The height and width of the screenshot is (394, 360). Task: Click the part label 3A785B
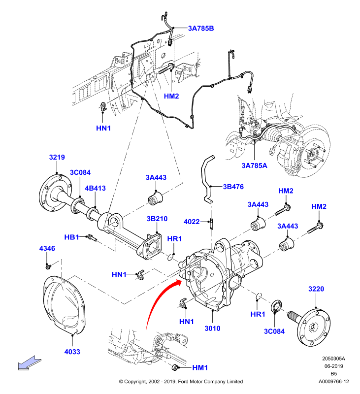coord(201,29)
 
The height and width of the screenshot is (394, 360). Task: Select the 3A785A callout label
coord(254,165)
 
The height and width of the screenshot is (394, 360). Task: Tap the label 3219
coord(57,157)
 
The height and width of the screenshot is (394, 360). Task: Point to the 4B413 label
coord(95,188)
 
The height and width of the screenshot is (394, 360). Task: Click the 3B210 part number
coord(157,219)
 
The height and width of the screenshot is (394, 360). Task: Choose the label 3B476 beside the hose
coord(233,187)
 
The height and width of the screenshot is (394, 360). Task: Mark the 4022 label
coord(192,222)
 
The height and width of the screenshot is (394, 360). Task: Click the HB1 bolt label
coord(71,237)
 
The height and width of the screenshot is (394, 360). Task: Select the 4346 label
coord(47,248)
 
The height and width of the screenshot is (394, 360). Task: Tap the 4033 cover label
coord(72,352)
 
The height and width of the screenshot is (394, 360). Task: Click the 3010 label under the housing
coord(212,328)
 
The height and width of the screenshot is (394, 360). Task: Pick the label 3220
coord(316,289)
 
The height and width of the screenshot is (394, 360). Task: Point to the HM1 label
coord(200,367)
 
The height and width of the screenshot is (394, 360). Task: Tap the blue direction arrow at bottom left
coord(30,363)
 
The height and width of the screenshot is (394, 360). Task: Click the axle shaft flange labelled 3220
coord(313,327)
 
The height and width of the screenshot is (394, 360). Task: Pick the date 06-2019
coord(333,366)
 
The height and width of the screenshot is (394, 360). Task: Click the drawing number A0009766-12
coord(333,381)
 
